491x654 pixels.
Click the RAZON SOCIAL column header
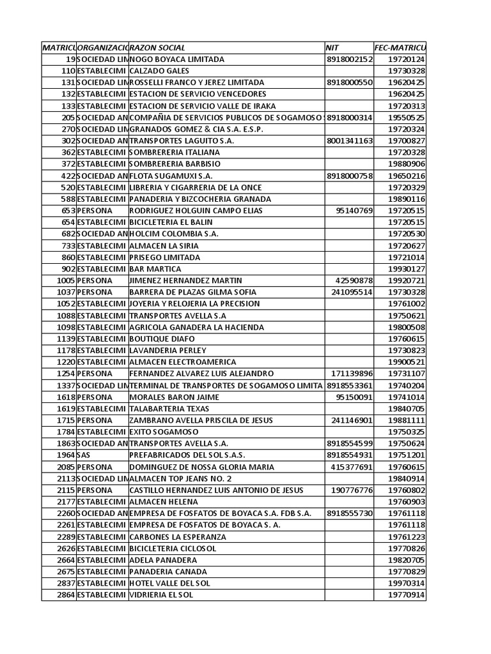coord(158,48)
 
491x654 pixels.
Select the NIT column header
coord(332,48)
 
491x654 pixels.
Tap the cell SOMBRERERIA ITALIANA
coord(175,153)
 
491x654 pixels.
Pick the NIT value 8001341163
coord(349,141)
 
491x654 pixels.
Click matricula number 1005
coord(66,281)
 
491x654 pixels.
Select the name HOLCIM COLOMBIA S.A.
coord(174,234)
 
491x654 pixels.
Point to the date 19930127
coord(407,269)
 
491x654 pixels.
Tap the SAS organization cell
coord(84,455)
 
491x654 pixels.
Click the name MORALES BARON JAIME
coord(174,397)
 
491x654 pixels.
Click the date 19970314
coord(407,584)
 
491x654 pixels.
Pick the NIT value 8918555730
coord(349,513)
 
